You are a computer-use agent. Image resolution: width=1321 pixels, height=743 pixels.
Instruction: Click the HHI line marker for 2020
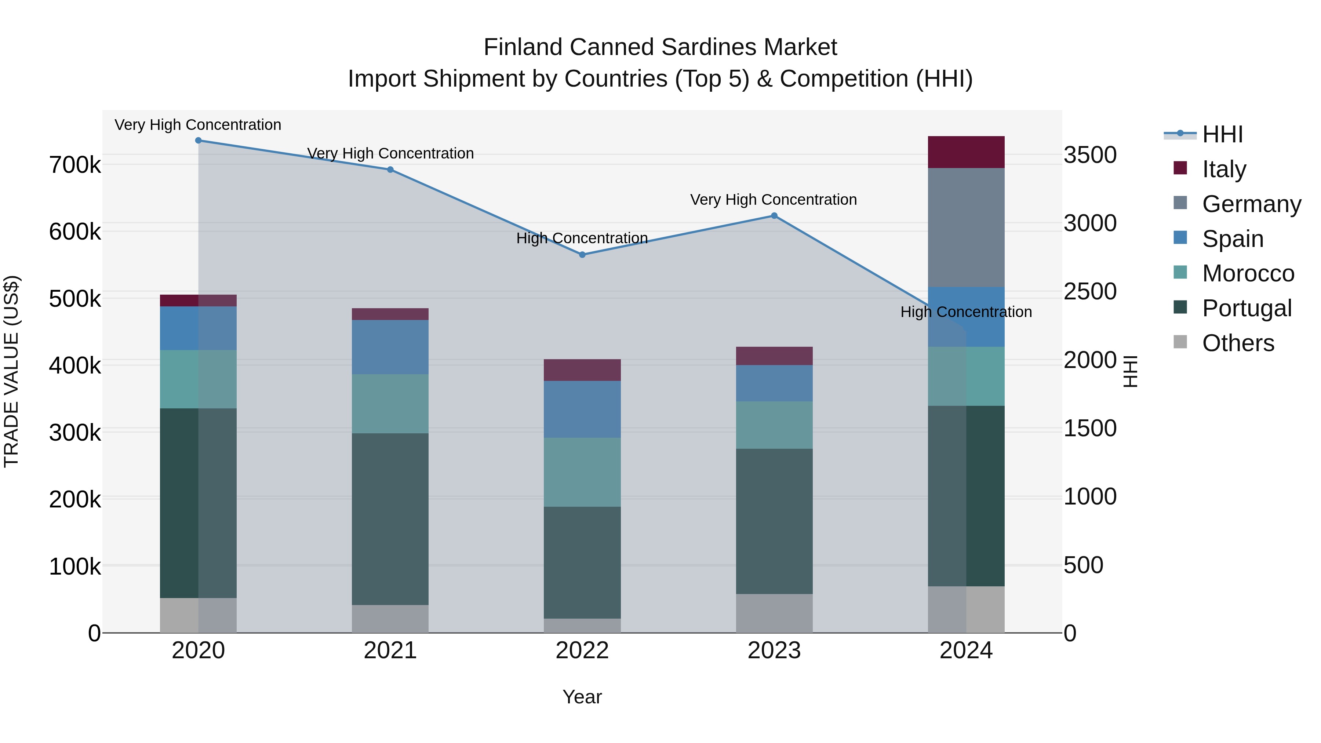[199, 140]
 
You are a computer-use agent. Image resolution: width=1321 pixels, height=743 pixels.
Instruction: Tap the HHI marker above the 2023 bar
[774, 215]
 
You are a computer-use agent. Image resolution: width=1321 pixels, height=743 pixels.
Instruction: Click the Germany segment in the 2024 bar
[966, 227]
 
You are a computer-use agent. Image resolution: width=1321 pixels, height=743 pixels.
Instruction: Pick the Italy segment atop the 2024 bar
[966, 152]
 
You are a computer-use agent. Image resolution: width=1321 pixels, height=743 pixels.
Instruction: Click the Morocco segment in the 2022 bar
[582, 472]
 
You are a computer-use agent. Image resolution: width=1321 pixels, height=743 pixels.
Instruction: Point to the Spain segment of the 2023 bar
[774, 383]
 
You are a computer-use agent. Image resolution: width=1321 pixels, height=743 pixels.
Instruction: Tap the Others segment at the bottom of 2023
[774, 613]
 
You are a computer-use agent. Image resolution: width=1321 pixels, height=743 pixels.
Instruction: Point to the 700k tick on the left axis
[75, 165]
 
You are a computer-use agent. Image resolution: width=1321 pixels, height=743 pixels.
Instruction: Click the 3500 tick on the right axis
[1090, 155]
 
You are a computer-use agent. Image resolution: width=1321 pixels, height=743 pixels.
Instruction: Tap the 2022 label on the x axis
[582, 651]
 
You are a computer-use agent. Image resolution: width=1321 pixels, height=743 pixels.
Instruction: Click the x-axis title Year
[582, 697]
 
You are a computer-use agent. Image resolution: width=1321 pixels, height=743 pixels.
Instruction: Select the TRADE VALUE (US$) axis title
[11, 371]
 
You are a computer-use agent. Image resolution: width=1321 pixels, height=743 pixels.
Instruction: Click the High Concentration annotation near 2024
[966, 312]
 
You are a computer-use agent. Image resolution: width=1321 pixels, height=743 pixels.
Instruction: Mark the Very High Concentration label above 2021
[390, 153]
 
